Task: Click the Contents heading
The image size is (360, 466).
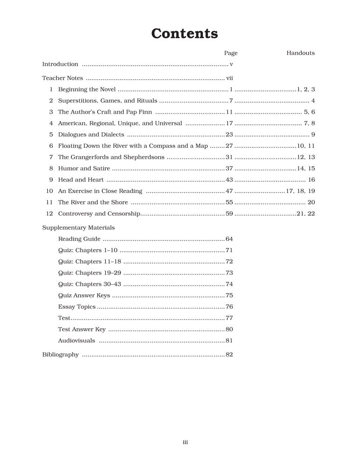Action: tap(184, 34)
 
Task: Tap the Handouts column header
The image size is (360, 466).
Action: tap(300, 53)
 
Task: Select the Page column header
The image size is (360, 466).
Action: tap(231, 53)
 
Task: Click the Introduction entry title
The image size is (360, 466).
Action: tap(60, 64)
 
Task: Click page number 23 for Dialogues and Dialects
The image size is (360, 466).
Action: tap(229, 135)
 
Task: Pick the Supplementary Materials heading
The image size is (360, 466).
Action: tap(78, 228)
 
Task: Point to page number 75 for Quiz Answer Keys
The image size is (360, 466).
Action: tap(229, 295)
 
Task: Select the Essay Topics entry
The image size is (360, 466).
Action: tap(77, 307)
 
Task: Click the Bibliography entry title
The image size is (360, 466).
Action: tap(61, 355)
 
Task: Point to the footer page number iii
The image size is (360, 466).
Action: tap(185, 442)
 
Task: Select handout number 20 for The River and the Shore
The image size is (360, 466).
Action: tap(311, 202)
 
